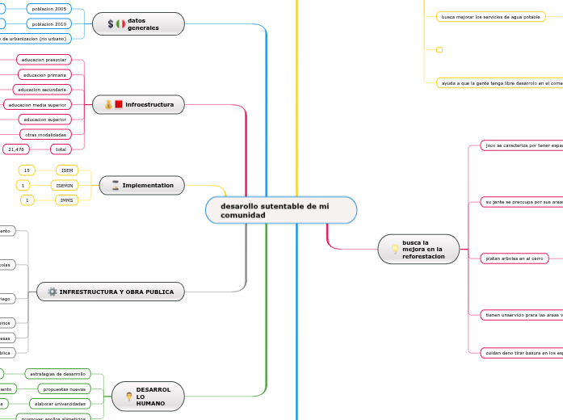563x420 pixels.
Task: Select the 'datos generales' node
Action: point(138,24)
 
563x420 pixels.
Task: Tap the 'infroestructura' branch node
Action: point(138,105)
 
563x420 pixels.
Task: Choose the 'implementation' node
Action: point(141,186)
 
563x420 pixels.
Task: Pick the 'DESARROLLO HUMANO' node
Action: point(149,396)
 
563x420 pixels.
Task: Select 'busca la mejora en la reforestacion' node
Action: point(418,249)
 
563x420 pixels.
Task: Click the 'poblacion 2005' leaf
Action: point(48,8)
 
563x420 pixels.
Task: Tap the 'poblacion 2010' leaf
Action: point(48,24)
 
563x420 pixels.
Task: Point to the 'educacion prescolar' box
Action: point(44,60)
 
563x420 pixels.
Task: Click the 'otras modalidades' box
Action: point(45,134)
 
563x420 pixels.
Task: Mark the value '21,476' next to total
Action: point(16,149)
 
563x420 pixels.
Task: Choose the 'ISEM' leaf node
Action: point(66,170)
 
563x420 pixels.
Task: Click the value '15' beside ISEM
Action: point(27,170)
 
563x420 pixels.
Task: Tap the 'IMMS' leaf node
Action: point(66,199)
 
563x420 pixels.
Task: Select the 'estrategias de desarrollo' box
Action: point(57,374)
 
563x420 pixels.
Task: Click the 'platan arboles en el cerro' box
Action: point(514,258)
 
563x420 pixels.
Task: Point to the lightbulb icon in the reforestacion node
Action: point(395,249)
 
